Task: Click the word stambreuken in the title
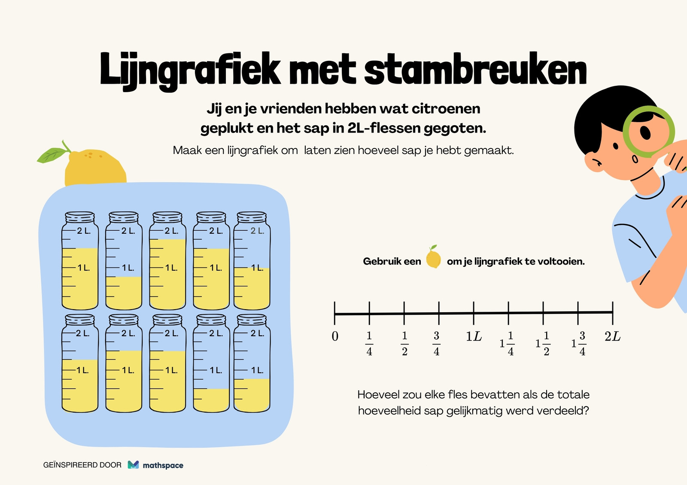click(475, 69)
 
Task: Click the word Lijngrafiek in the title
click(190, 72)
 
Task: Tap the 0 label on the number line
click(335, 336)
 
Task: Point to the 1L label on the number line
click(474, 336)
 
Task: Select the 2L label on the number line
click(612, 336)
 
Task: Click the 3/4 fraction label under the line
click(436, 343)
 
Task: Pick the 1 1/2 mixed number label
click(543, 343)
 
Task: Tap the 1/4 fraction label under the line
click(369, 343)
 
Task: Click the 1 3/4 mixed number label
click(579, 343)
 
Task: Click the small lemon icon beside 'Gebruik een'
click(433, 257)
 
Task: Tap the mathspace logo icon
click(133, 465)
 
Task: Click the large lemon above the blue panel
click(95, 169)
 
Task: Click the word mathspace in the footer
click(163, 466)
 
